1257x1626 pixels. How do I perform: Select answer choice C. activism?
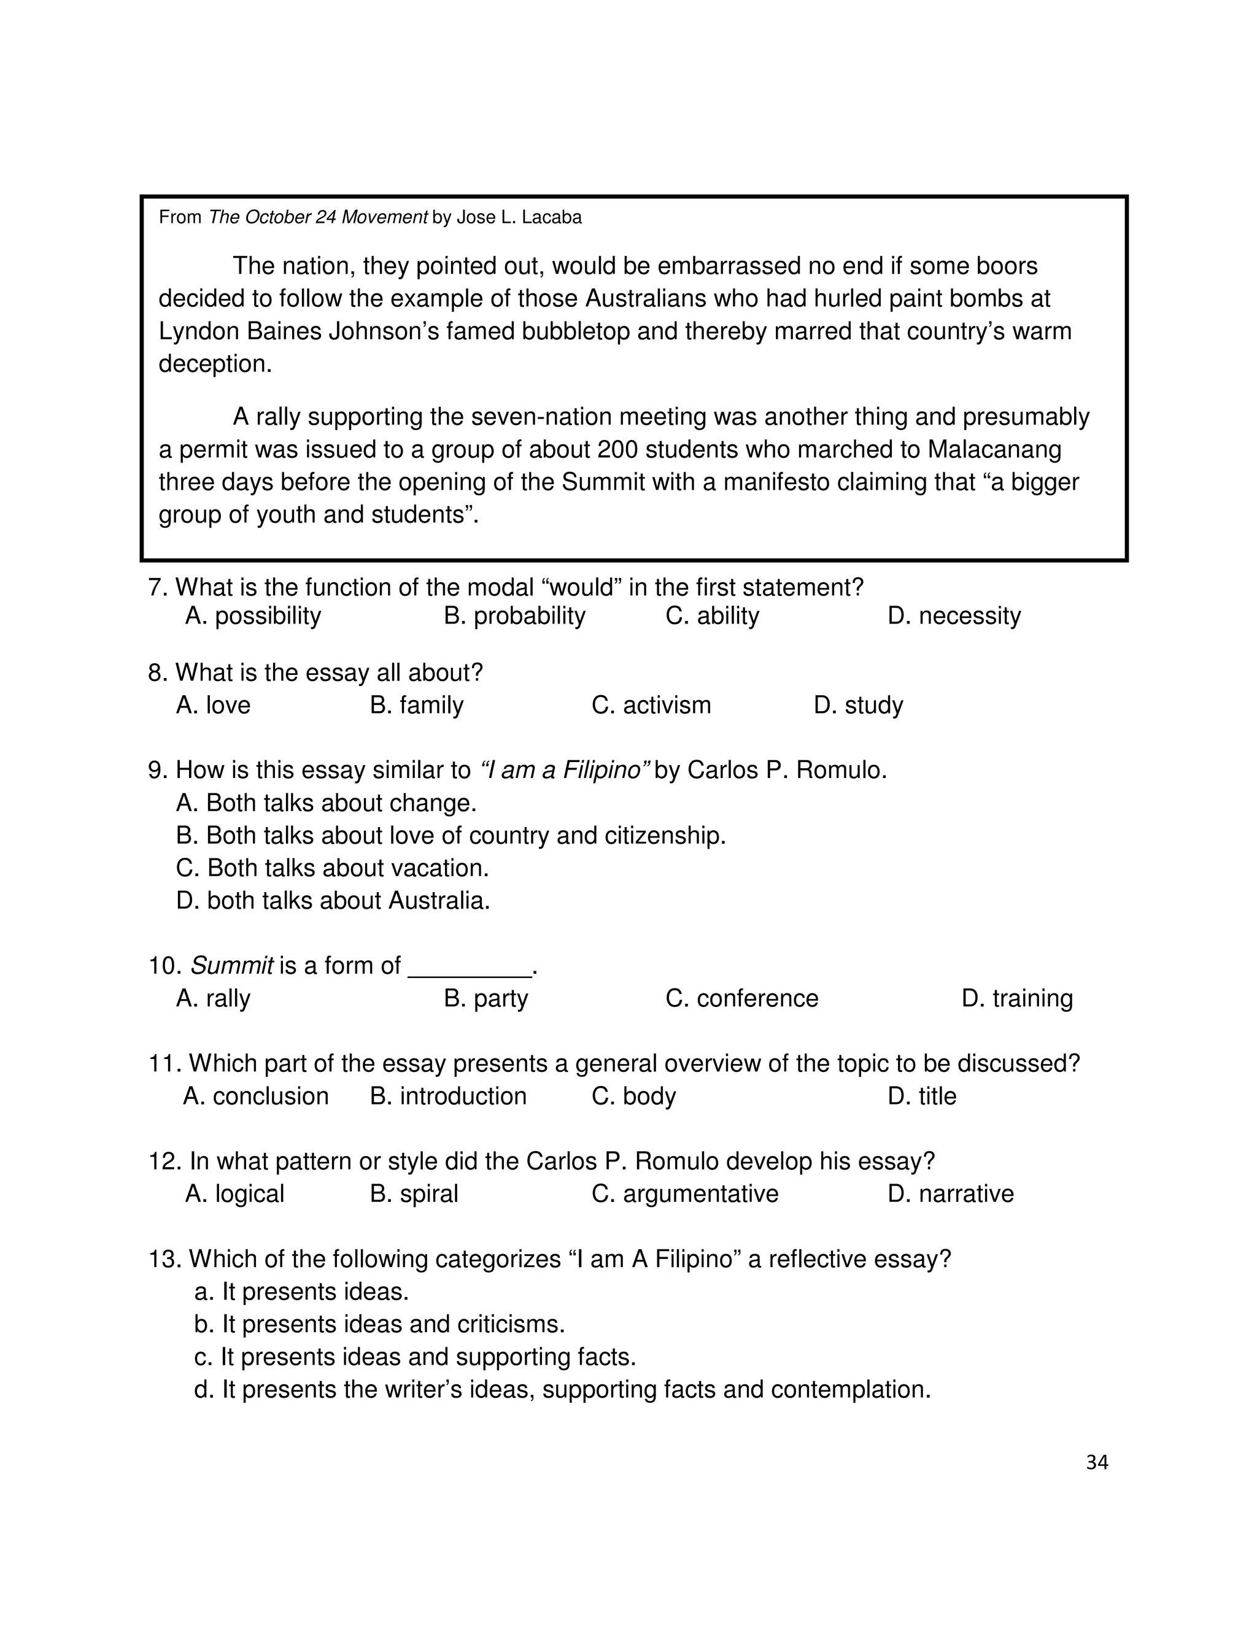651,704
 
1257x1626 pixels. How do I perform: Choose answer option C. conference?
741,998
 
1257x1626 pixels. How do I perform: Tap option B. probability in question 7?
514,615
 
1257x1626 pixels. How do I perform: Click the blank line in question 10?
470,967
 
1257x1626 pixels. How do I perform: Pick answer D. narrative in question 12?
950,1193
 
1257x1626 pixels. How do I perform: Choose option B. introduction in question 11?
447,1096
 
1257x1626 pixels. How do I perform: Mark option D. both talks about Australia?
333,900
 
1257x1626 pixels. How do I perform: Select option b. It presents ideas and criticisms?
379,1325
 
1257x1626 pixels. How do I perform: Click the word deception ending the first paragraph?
214,363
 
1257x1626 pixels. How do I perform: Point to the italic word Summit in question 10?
231,966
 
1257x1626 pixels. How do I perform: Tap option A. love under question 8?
213,704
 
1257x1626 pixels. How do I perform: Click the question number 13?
164,1259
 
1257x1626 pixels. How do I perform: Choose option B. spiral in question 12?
414,1193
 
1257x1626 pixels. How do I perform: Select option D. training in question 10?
1016,998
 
